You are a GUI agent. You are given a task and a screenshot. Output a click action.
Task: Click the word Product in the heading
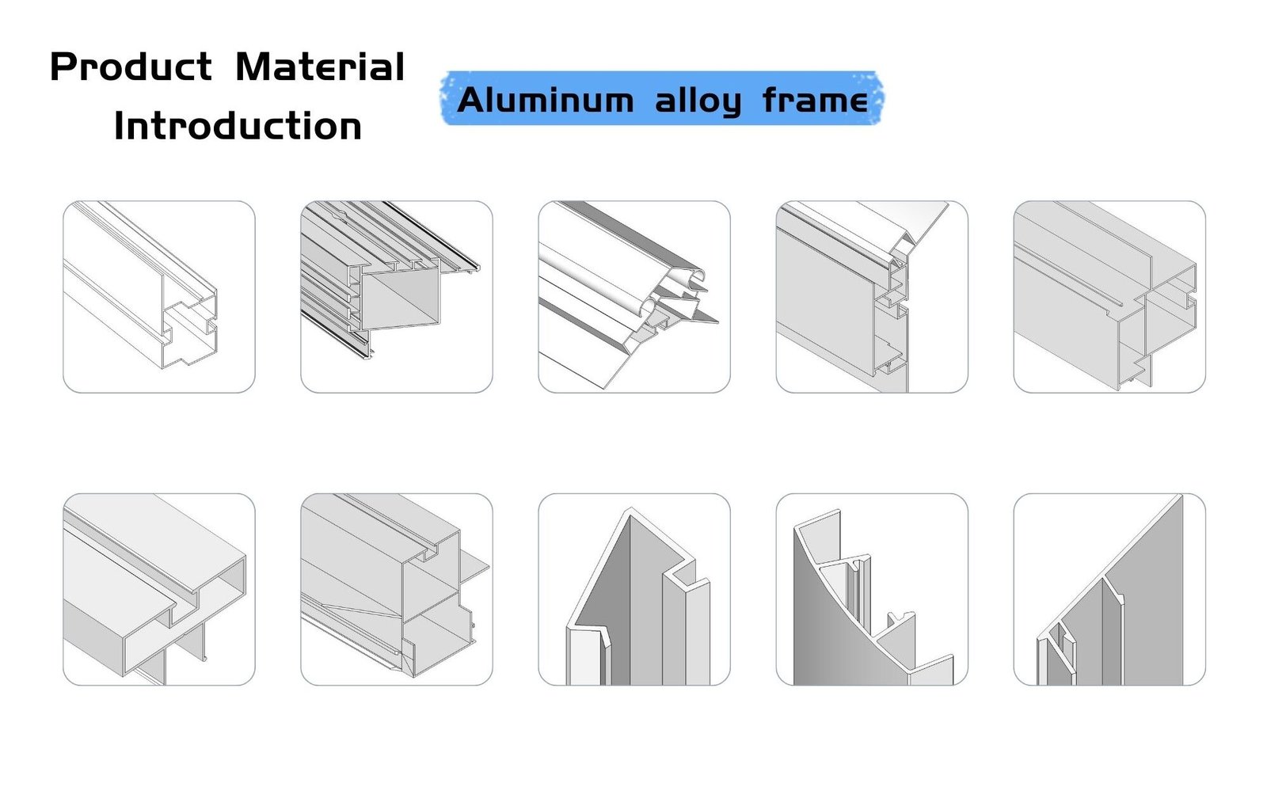131,67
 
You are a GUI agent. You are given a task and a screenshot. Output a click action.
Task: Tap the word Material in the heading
320,67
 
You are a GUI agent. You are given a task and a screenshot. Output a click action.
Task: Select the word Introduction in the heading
238,127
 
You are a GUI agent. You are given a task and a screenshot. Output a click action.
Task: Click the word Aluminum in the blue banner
546,101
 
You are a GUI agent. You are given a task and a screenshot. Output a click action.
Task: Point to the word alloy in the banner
698,101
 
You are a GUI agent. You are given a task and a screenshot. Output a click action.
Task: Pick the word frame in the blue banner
815,101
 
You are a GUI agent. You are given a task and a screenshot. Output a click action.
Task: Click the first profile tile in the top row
159,297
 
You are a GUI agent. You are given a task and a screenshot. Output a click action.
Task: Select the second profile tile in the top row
397,297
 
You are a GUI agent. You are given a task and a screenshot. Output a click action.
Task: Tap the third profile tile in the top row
634,297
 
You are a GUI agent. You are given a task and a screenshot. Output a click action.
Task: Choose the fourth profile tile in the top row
872,297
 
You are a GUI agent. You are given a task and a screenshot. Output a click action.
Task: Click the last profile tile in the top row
1109,297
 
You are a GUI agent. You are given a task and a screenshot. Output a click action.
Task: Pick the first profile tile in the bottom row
159,590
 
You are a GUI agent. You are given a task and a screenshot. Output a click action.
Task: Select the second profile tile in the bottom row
397,590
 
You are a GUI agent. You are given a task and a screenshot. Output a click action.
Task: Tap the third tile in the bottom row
634,590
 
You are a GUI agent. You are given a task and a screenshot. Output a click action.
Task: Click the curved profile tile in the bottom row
872,590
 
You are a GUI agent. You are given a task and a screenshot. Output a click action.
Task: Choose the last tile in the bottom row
1109,590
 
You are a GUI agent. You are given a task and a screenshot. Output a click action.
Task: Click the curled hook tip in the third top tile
697,275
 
